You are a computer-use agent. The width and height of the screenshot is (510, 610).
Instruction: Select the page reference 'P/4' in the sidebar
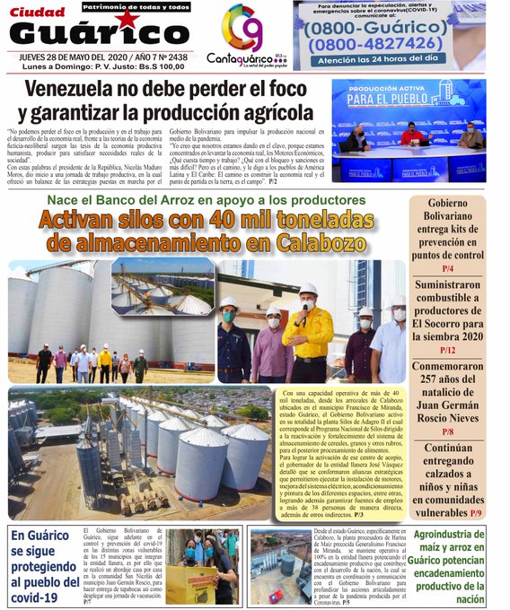tap(447, 268)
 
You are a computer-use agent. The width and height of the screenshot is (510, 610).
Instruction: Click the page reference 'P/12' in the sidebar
tap(447, 350)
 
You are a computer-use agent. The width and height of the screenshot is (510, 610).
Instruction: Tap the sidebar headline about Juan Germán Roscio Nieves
tap(447, 397)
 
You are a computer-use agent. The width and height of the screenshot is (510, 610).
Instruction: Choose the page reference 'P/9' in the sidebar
tap(479, 512)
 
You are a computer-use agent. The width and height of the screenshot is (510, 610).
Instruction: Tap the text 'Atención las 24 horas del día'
tap(389, 61)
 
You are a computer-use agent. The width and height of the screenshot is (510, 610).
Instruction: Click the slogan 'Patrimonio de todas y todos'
tap(134, 7)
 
